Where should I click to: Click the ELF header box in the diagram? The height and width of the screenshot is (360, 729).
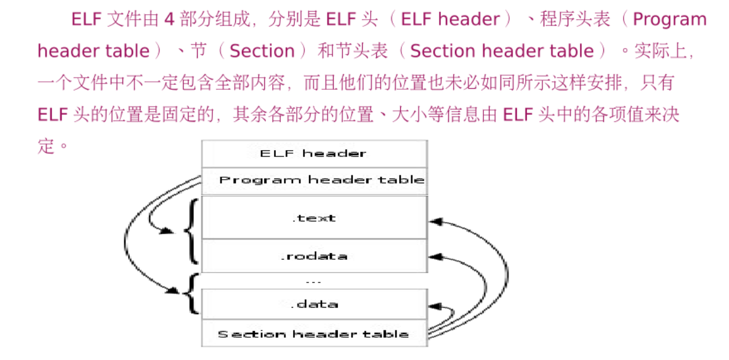pos(314,154)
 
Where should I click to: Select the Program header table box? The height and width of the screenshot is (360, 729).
pos(314,181)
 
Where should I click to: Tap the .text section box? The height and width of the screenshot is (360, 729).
pos(314,218)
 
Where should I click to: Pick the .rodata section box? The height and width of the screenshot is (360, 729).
pos(314,256)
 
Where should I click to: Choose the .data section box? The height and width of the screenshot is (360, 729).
pos(314,304)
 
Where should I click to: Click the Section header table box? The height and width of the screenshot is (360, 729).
pos(314,334)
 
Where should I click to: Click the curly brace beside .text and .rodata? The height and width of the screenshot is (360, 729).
pos(192,231)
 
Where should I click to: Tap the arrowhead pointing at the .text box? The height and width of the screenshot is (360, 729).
pos(435,220)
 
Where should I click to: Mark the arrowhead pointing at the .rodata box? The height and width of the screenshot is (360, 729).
pos(435,255)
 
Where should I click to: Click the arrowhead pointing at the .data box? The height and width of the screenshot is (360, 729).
pos(435,305)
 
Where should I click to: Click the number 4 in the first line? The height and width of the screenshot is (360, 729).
pos(169,20)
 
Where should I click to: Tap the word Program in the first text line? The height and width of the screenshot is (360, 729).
pos(669,20)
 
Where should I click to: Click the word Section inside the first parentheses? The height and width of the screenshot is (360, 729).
pos(262,51)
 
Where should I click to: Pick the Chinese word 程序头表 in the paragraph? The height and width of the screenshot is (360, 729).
pos(575,20)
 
